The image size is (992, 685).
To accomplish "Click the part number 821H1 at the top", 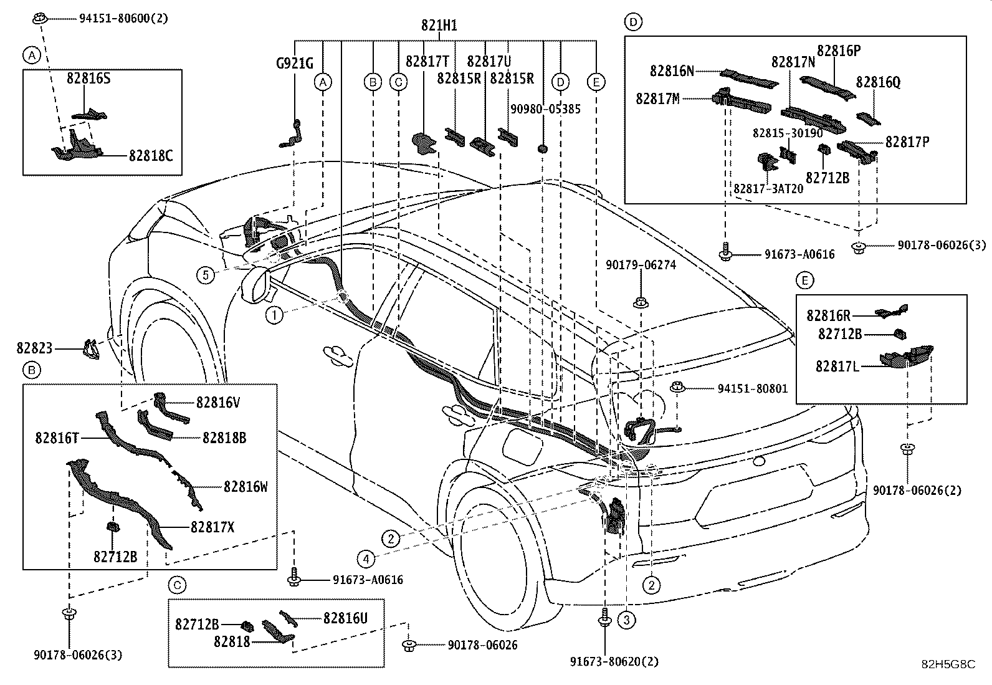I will [439, 26].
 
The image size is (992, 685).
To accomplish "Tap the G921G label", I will [295, 63].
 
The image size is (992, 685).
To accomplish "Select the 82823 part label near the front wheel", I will [35, 349].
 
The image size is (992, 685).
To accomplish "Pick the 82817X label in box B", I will [212, 527].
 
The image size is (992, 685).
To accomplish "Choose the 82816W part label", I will [246, 486].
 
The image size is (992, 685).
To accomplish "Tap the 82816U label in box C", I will [345, 618].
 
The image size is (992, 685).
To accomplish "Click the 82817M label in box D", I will [657, 98].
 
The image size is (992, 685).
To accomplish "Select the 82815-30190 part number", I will [788, 133].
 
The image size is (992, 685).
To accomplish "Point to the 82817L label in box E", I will [837, 367].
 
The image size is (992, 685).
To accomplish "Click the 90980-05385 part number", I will [546, 109].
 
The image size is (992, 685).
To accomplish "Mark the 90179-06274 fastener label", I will [641, 265].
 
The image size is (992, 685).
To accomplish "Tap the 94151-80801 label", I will [752, 389].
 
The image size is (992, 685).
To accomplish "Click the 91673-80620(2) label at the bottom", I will [614, 661].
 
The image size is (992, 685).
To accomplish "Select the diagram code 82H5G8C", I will [948, 664].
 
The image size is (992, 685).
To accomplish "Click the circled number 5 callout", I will [206, 274].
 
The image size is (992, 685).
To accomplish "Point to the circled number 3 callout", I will [626, 620].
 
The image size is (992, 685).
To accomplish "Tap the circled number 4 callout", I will [367, 558].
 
